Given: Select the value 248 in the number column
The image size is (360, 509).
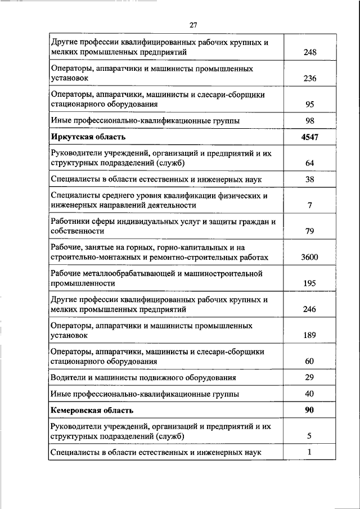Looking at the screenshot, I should click(x=309, y=53).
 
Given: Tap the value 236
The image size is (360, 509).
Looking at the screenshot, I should click(x=309, y=79).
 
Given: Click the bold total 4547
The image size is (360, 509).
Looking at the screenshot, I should click(x=309, y=137).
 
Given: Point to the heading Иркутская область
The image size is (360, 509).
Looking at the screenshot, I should click(x=88, y=137).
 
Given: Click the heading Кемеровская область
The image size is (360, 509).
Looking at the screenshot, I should click(x=92, y=410).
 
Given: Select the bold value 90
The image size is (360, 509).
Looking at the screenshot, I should click(x=309, y=410).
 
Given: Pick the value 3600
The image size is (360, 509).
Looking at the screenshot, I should click(x=309, y=257).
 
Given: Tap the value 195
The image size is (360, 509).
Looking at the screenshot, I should click(x=309, y=283).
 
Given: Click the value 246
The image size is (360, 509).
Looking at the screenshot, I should click(x=309, y=309).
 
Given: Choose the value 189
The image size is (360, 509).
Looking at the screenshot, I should click(x=309, y=335).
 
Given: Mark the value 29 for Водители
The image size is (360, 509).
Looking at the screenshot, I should click(x=309, y=377).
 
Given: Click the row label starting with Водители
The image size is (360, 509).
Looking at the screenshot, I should click(x=143, y=377).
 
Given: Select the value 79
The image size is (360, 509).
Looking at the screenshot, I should click(x=309, y=231).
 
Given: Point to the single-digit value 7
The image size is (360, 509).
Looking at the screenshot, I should click(x=309, y=205).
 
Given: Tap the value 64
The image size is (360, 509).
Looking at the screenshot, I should click(x=309, y=164).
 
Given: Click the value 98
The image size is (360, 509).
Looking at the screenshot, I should click(x=309, y=121).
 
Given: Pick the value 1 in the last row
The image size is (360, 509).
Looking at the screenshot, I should click(x=309, y=452).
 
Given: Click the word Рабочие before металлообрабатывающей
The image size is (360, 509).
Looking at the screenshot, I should click(x=67, y=273).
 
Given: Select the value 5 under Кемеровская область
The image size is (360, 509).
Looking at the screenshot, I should click(x=309, y=436).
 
